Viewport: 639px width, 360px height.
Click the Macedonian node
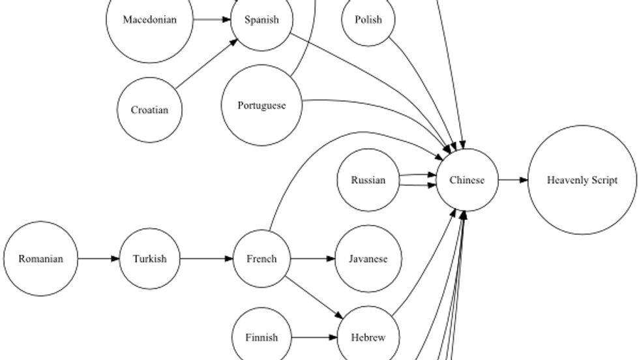(150, 20)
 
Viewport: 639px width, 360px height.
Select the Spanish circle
(261, 20)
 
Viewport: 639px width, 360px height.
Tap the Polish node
(368, 20)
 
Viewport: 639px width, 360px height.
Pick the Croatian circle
(149, 110)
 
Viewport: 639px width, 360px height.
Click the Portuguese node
(261, 106)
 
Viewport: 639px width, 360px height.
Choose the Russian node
(368, 180)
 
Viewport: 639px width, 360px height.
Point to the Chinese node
(467, 180)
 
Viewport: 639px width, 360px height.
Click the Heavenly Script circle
(582, 180)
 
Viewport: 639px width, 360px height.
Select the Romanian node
(40, 259)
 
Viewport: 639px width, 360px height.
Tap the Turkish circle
(149, 259)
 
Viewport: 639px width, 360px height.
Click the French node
(261, 259)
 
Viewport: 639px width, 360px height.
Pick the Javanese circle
(368, 259)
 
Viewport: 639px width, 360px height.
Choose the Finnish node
(261, 338)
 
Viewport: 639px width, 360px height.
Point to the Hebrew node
(368, 338)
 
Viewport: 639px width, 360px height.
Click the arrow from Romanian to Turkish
(98, 259)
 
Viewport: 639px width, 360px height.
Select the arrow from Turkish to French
(206, 259)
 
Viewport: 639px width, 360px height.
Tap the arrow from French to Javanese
(312, 259)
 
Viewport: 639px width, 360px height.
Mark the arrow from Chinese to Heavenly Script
(513, 180)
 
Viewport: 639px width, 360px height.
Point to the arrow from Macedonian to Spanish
(213, 20)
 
